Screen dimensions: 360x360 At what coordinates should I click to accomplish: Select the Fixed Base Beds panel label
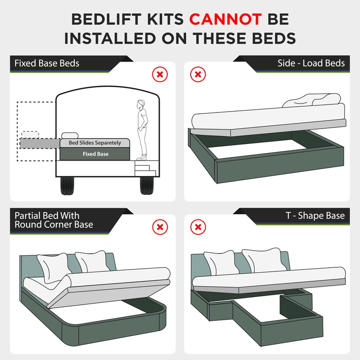tap(47, 63)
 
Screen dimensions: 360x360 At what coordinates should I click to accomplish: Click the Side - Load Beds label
tap(311, 63)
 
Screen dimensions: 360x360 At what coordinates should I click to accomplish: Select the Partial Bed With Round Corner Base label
tap(54, 220)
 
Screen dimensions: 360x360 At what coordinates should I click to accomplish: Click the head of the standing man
tap(141, 103)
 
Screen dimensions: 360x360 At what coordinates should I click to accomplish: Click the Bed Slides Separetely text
tap(95, 143)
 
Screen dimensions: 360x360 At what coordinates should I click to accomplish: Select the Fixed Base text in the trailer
tap(95, 154)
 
